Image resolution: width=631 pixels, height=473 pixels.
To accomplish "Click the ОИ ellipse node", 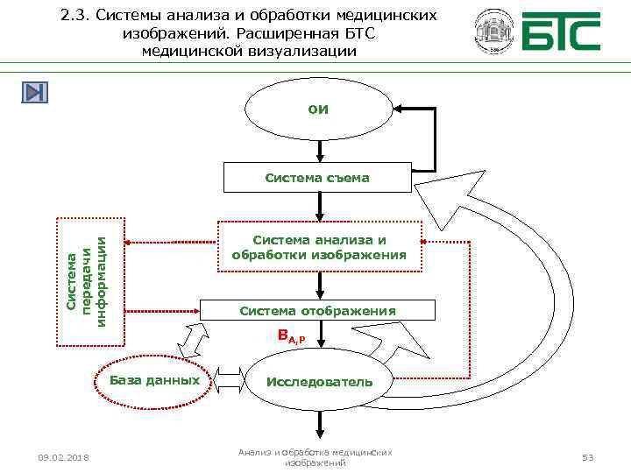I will (318, 109).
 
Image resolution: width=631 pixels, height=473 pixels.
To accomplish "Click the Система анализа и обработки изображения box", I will (318, 247).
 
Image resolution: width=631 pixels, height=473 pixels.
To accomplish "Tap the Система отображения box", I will (318, 311).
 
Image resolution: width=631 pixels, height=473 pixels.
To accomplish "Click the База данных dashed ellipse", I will (155, 380).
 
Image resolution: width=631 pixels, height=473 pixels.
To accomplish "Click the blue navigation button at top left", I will (36, 92).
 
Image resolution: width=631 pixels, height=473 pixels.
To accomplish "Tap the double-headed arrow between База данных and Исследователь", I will (230, 380).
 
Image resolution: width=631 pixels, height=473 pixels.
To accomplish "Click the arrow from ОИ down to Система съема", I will (319, 150).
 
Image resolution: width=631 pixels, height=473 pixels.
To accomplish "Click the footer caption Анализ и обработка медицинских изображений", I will (315, 456).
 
